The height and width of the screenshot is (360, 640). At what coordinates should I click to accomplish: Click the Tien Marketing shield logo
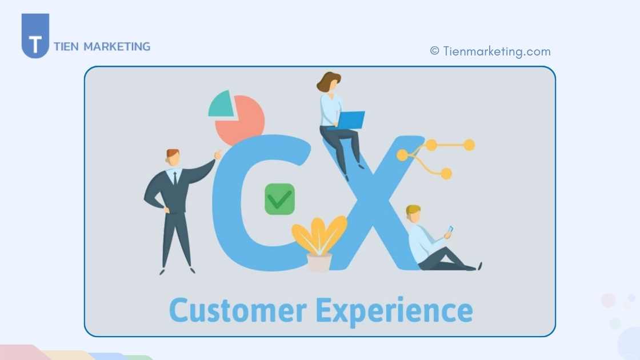tap(35, 35)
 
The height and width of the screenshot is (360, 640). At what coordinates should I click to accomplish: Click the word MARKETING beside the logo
tap(117, 46)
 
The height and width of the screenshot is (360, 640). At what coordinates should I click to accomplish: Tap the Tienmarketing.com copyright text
tap(490, 51)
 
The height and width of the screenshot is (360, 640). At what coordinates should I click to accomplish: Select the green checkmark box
tap(279, 199)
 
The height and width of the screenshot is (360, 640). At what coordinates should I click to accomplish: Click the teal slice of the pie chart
tap(221, 105)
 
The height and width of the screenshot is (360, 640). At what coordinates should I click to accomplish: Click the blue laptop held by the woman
tap(350, 120)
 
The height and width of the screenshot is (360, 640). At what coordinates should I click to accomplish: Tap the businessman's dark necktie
tap(175, 178)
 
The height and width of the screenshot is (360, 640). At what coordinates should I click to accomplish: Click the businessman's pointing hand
tap(218, 154)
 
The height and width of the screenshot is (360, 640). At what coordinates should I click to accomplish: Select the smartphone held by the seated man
tap(450, 230)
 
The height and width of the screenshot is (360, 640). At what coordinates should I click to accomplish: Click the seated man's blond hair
tap(413, 210)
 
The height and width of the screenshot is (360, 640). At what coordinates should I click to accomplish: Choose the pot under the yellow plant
tap(319, 262)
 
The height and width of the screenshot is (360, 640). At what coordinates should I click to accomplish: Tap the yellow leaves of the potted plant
tap(319, 235)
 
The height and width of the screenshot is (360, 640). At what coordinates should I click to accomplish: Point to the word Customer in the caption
tap(238, 310)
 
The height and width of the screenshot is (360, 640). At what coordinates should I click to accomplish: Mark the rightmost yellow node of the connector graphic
tap(469, 145)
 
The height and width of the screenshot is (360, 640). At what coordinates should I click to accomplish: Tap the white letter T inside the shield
tap(35, 44)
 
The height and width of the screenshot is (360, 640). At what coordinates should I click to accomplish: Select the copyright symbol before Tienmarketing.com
tap(434, 51)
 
